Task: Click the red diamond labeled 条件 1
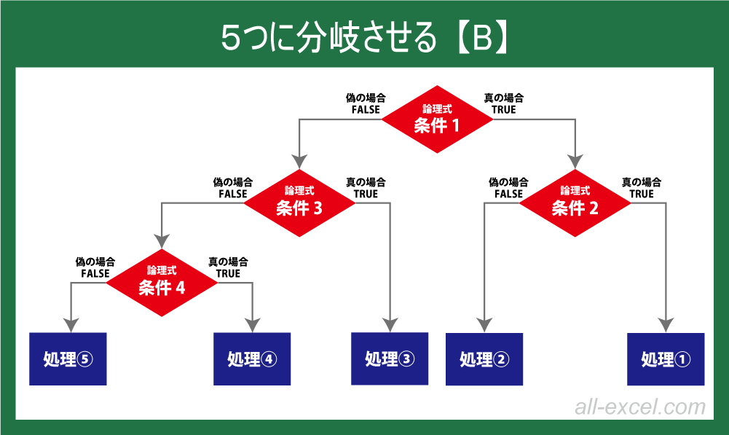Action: pyautogui.click(x=437, y=119)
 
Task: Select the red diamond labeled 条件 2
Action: pyautogui.click(x=575, y=203)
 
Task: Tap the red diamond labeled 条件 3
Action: pyautogui.click(x=299, y=203)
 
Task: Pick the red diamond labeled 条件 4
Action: pyautogui.click(x=162, y=283)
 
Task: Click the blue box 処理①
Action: pyautogui.click(x=666, y=358)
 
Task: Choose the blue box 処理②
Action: pyautogui.click(x=484, y=358)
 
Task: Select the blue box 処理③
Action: pyautogui.click(x=390, y=358)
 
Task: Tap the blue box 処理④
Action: pyautogui.click(x=252, y=358)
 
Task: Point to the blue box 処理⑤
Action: pyautogui.click(x=68, y=358)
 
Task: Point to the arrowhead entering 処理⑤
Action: pyautogui.click(x=71, y=324)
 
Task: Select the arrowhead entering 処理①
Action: pyautogui.click(x=666, y=324)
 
